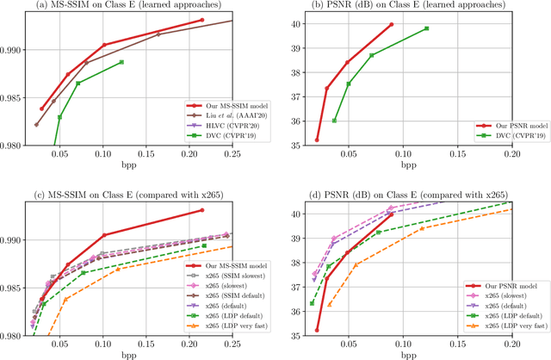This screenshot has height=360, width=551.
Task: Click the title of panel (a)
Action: pyautogui.click(x=129, y=6)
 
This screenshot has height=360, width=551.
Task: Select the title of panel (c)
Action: pyautogui.click(x=129, y=194)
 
